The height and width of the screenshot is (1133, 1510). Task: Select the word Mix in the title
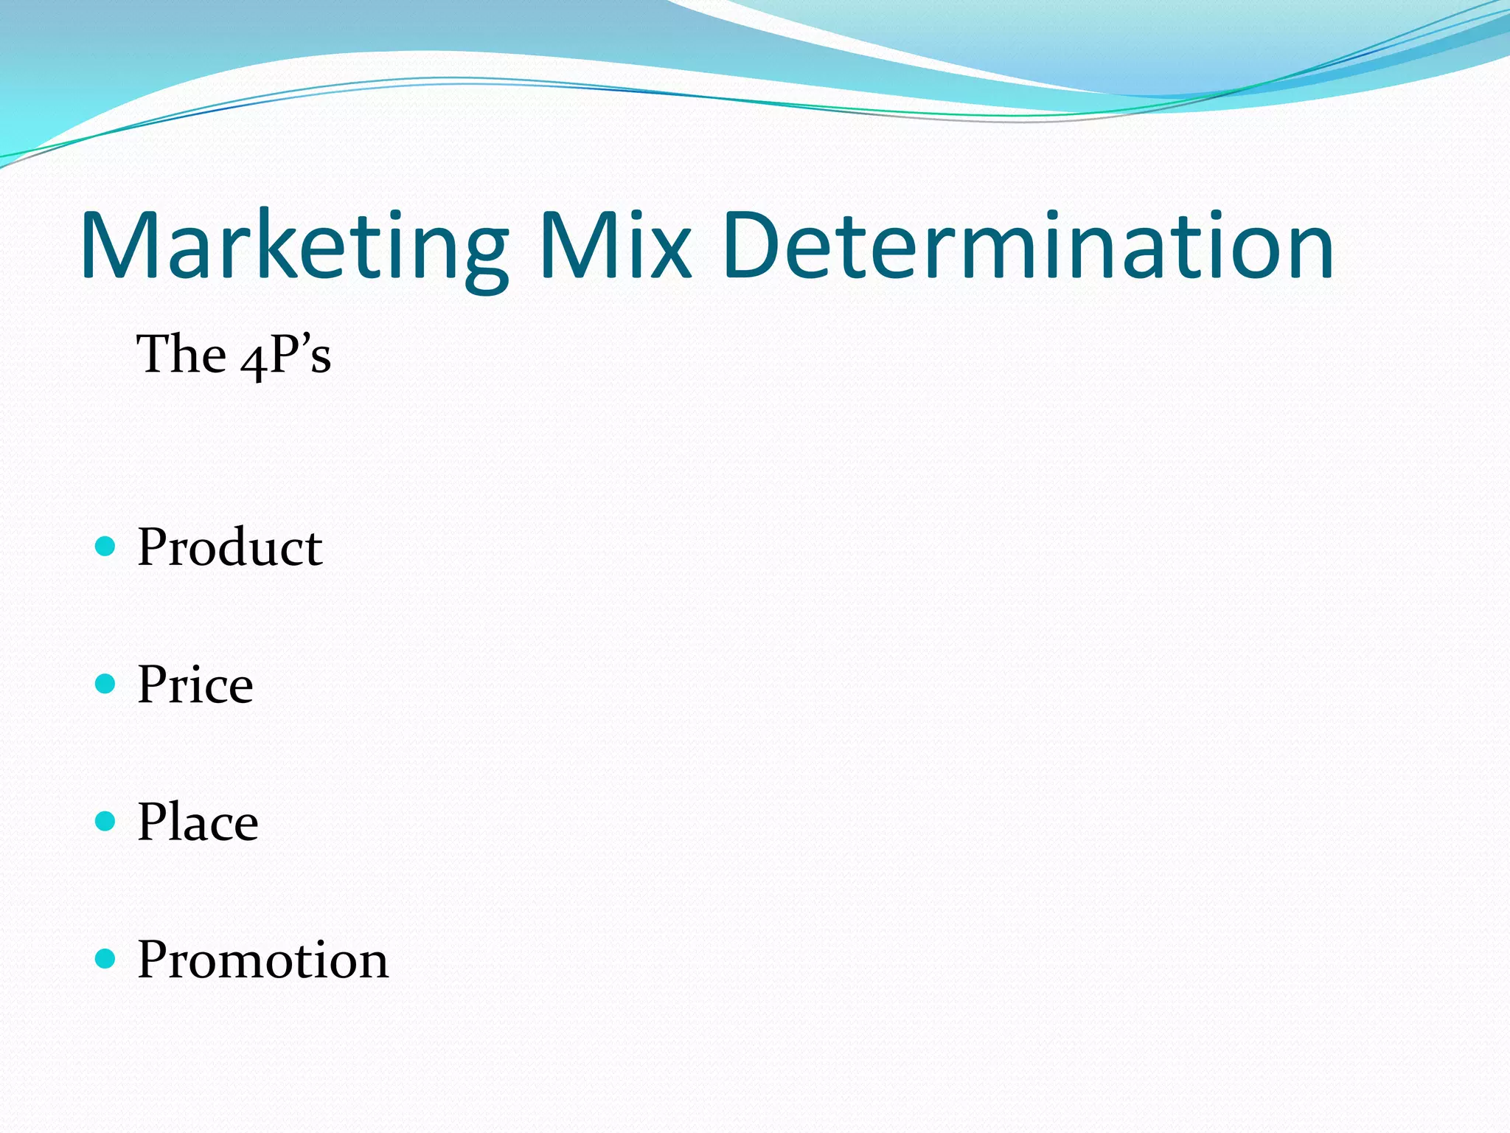[x=615, y=246]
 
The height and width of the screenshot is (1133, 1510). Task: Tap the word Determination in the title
[x=1028, y=246]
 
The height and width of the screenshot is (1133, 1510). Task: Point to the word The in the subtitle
[x=181, y=354]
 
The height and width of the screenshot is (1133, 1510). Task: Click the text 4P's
[x=286, y=356]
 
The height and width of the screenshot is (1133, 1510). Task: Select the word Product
[x=229, y=547]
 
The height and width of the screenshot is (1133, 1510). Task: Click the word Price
[x=195, y=685]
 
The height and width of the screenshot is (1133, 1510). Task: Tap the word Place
[x=198, y=822]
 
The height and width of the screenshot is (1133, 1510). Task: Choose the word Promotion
[x=262, y=960]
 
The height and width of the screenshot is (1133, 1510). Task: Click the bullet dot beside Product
[x=106, y=547]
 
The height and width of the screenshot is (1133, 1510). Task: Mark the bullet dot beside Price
[x=106, y=684]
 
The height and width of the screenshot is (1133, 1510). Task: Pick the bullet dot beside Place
[x=106, y=821]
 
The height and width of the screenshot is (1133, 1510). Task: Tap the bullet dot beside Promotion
[x=106, y=959]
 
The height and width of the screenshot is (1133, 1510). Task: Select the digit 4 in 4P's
[x=252, y=361]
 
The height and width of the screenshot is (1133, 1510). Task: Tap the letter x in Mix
[x=669, y=254]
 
